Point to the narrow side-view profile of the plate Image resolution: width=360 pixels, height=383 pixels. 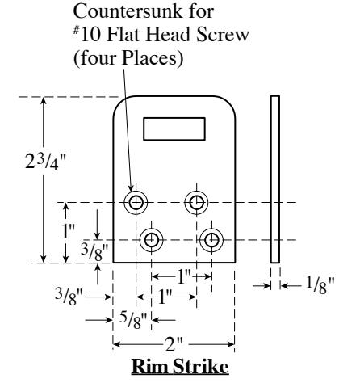click(275, 179)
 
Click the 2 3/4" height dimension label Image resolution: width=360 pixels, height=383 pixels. click(45, 162)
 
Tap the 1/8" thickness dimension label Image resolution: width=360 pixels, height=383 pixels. click(320, 285)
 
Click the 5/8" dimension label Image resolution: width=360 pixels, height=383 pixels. click(134, 320)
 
